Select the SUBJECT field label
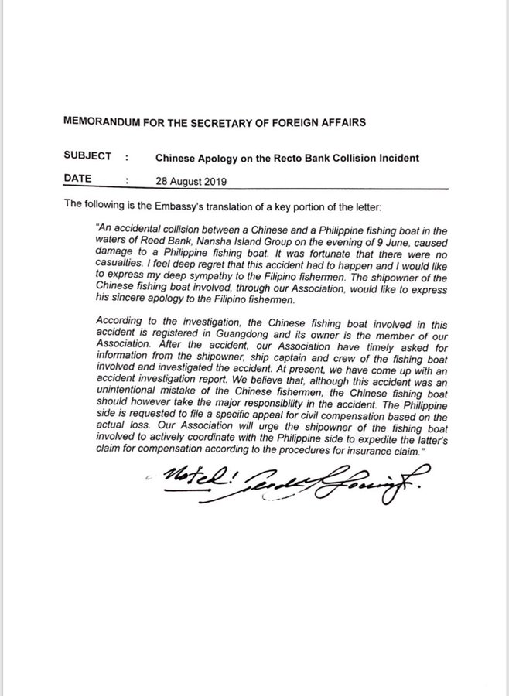pos(89,155)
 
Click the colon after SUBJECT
pos(125,156)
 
